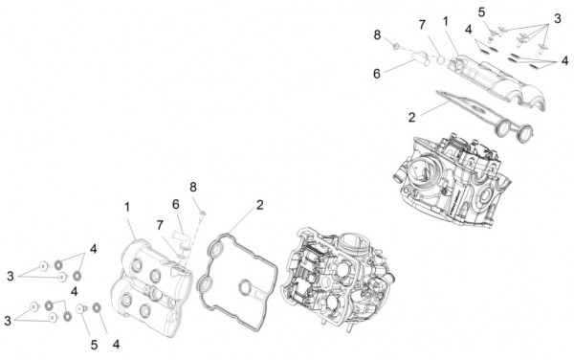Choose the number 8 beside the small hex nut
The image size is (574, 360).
tap(377, 34)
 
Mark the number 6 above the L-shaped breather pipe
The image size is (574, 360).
tap(176, 204)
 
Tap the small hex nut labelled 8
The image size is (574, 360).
tap(392, 45)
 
